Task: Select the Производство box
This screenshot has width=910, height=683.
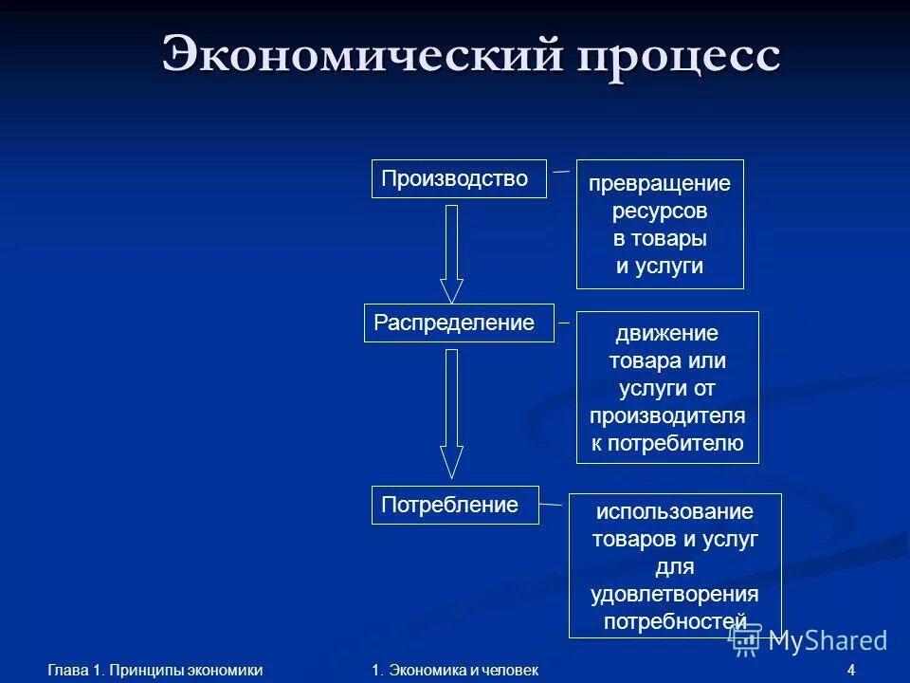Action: click(459, 178)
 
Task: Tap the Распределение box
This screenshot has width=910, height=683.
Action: click(459, 323)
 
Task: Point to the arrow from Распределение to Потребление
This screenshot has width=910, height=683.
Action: click(452, 413)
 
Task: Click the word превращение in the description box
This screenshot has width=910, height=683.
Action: click(660, 183)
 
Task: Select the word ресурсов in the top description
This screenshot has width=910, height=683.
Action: click(660, 211)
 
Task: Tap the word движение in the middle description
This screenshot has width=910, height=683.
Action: click(667, 334)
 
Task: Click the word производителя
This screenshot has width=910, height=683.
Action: click(667, 415)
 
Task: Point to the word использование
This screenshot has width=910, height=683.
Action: click(675, 512)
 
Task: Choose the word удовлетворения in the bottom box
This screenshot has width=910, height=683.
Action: click(675, 594)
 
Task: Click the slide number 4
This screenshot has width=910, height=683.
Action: click(851, 671)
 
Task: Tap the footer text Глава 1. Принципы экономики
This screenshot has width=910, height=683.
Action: click(155, 671)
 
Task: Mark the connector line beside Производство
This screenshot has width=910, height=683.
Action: click(561, 172)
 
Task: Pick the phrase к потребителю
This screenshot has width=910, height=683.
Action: click(667, 443)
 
